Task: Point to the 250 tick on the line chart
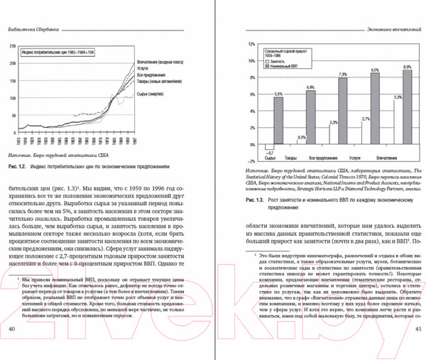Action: (x=13, y=45)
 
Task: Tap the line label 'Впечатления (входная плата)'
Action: (x=161, y=62)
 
